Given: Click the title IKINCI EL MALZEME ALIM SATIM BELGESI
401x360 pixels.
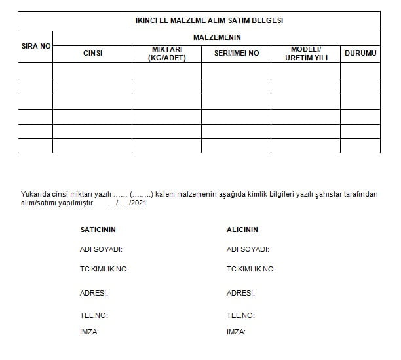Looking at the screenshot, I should click(200, 21).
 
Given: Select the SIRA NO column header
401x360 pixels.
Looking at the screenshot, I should click(35, 47).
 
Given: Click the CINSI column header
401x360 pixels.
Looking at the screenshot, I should click(92, 54).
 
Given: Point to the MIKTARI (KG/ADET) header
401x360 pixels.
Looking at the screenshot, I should click(167, 54).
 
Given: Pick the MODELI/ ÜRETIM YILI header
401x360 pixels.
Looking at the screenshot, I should click(305, 54).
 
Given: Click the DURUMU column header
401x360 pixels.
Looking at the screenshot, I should click(360, 54).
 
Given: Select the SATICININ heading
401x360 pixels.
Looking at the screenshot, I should click(98, 230).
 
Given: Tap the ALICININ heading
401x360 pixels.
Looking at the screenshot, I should click(242, 230).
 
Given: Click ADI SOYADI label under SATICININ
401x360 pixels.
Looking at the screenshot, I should click(101, 249).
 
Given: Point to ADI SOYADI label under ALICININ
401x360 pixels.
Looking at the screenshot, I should click(248, 249).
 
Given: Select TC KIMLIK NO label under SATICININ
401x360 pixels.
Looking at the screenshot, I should click(104, 269).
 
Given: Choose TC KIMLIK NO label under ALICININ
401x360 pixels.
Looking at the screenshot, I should click(251, 269).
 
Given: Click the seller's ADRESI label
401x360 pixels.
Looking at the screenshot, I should click(94, 293).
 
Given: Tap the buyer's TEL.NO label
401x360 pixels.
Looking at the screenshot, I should click(240, 315).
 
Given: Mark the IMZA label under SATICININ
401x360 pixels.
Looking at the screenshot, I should click(89, 332).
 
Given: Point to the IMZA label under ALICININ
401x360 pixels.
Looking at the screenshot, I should click(236, 332).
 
